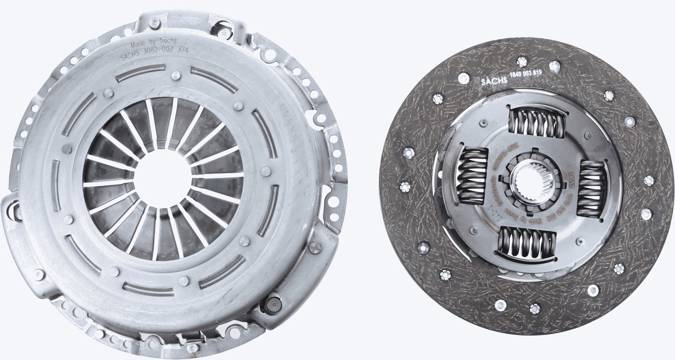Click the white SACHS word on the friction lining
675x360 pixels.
[x=494, y=80]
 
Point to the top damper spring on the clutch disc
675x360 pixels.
[x=537, y=122]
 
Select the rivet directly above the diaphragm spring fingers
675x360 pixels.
[x=176, y=75]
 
